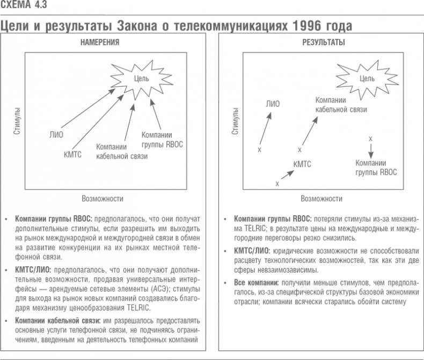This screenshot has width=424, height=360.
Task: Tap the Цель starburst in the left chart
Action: coord(142,79)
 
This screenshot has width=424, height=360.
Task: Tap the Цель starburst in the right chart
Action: coord(367,79)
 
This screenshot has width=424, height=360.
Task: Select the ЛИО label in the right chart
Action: coord(273,104)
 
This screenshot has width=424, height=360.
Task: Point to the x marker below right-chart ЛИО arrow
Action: coord(259,150)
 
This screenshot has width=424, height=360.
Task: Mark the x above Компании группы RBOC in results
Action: coord(370,138)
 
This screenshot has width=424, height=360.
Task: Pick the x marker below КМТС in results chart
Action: coord(277,183)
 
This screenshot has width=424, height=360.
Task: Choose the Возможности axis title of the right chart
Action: coord(321,198)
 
